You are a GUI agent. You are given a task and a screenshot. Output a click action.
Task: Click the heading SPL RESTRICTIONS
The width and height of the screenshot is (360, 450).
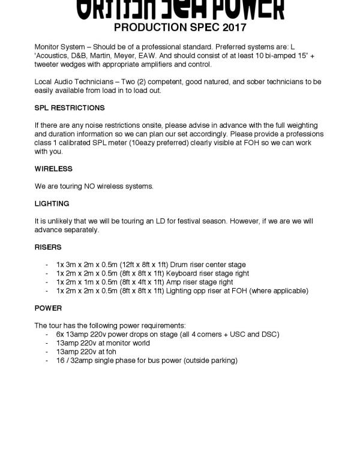(x=70, y=108)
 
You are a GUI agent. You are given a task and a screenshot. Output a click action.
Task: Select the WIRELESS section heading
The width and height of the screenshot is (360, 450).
(x=53, y=169)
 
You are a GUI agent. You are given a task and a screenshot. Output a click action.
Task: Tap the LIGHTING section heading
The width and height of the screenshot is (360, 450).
(x=52, y=204)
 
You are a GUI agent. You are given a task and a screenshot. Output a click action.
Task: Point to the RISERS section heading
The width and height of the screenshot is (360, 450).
(x=48, y=247)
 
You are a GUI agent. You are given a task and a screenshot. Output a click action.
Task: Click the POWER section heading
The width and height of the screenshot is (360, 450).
(x=48, y=308)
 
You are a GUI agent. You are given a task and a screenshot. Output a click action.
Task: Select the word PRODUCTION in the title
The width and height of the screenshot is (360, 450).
(x=151, y=28)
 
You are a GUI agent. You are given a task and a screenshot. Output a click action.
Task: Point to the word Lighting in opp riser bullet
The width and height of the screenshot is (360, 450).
(x=182, y=291)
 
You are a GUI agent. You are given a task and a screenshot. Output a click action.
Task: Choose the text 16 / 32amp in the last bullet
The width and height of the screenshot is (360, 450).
(x=75, y=361)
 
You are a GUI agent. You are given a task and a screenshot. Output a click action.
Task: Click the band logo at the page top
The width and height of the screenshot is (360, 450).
(x=180, y=9)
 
